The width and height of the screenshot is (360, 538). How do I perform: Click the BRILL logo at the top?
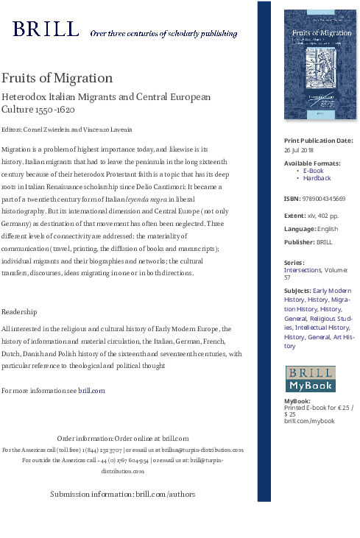click(46, 29)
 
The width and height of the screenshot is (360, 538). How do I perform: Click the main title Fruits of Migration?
click(57, 78)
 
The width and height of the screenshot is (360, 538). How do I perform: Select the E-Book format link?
click(313, 171)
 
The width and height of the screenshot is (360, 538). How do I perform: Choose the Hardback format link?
click(317, 178)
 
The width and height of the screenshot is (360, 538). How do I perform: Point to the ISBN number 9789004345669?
click(325, 199)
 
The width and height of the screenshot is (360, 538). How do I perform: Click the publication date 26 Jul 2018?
click(300, 149)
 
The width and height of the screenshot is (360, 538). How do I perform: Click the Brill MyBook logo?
click(310, 378)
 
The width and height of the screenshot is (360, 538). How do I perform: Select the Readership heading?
click(19, 312)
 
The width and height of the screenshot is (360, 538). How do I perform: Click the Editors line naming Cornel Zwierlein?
click(67, 130)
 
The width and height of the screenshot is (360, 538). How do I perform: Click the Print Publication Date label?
click(318, 141)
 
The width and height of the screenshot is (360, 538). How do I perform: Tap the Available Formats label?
click(312, 163)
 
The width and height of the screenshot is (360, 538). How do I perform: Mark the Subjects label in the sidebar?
click(297, 291)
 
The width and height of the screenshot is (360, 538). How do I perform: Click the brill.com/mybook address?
click(309, 421)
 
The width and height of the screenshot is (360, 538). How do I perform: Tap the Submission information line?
click(117, 494)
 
